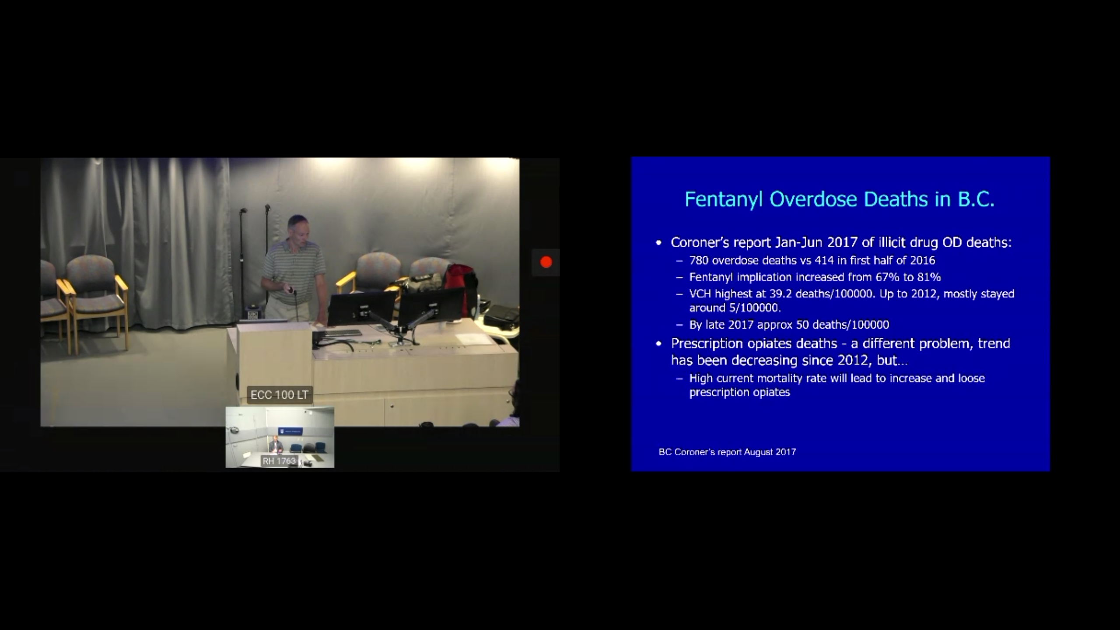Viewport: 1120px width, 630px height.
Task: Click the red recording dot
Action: pyautogui.click(x=546, y=262)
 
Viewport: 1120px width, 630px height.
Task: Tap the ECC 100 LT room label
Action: pyautogui.click(x=280, y=395)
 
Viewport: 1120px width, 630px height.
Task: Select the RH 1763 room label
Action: pyautogui.click(x=279, y=461)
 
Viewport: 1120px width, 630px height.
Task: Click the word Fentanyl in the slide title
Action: pyautogui.click(x=724, y=199)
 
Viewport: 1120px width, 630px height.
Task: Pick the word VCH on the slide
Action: pyautogui.click(x=700, y=294)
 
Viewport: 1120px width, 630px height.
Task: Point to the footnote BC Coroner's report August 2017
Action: pyautogui.click(x=727, y=452)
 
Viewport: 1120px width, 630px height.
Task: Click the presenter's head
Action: pyautogui.click(x=298, y=228)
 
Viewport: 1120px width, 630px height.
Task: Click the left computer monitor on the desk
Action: pyautogui.click(x=362, y=308)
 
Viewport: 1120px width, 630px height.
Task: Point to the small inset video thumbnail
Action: pyautogui.click(x=280, y=437)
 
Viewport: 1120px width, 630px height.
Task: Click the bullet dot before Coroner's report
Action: pyautogui.click(x=659, y=243)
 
